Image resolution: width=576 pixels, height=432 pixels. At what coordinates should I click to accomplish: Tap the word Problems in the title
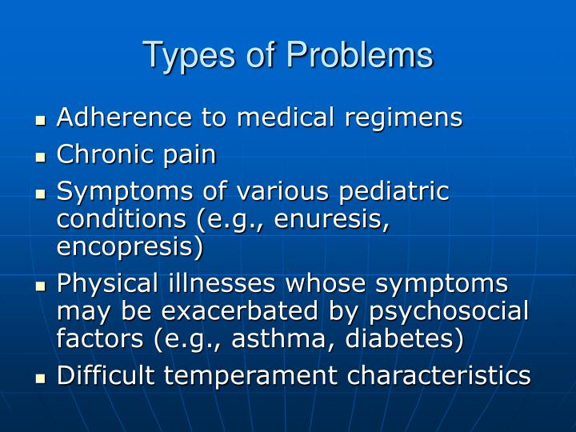pyautogui.click(x=360, y=55)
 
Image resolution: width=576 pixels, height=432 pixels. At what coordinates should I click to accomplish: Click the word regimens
pyautogui.click(x=403, y=118)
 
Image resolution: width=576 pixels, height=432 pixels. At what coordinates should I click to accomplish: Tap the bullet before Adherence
pyautogui.click(x=42, y=121)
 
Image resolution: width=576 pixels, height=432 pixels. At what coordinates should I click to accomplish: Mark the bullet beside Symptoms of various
pyautogui.click(x=42, y=194)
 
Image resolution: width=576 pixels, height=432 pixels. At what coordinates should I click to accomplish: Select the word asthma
pyautogui.click(x=276, y=338)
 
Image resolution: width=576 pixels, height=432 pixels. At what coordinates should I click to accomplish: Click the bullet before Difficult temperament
pyautogui.click(x=42, y=378)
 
